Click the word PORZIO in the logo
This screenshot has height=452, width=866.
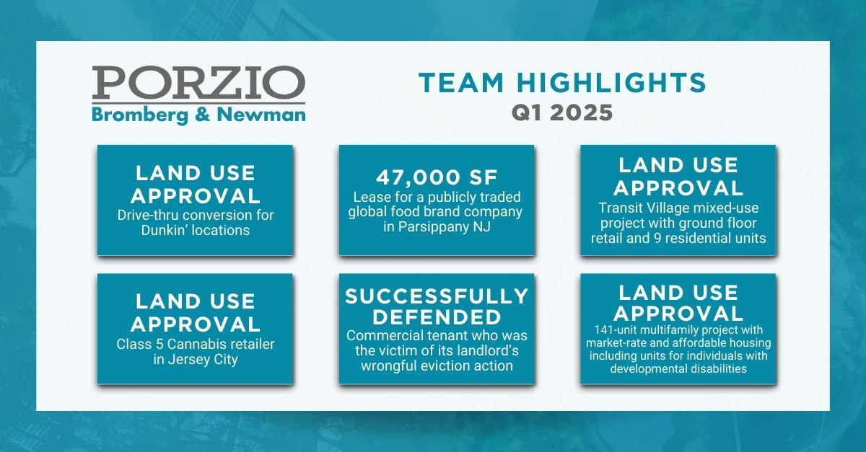pyautogui.click(x=198, y=82)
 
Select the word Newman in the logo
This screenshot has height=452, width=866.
pyautogui.click(x=261, y=115)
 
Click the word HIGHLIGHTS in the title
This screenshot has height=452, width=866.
pyautogui.click(x=611, y=82)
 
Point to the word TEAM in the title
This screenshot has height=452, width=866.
pyautogui.click(x=461, y=82)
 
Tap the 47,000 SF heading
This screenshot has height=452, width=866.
pyautogui.click(x=437, y=177)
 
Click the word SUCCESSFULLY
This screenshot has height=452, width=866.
pyautogui.click(x=437, y=296)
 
